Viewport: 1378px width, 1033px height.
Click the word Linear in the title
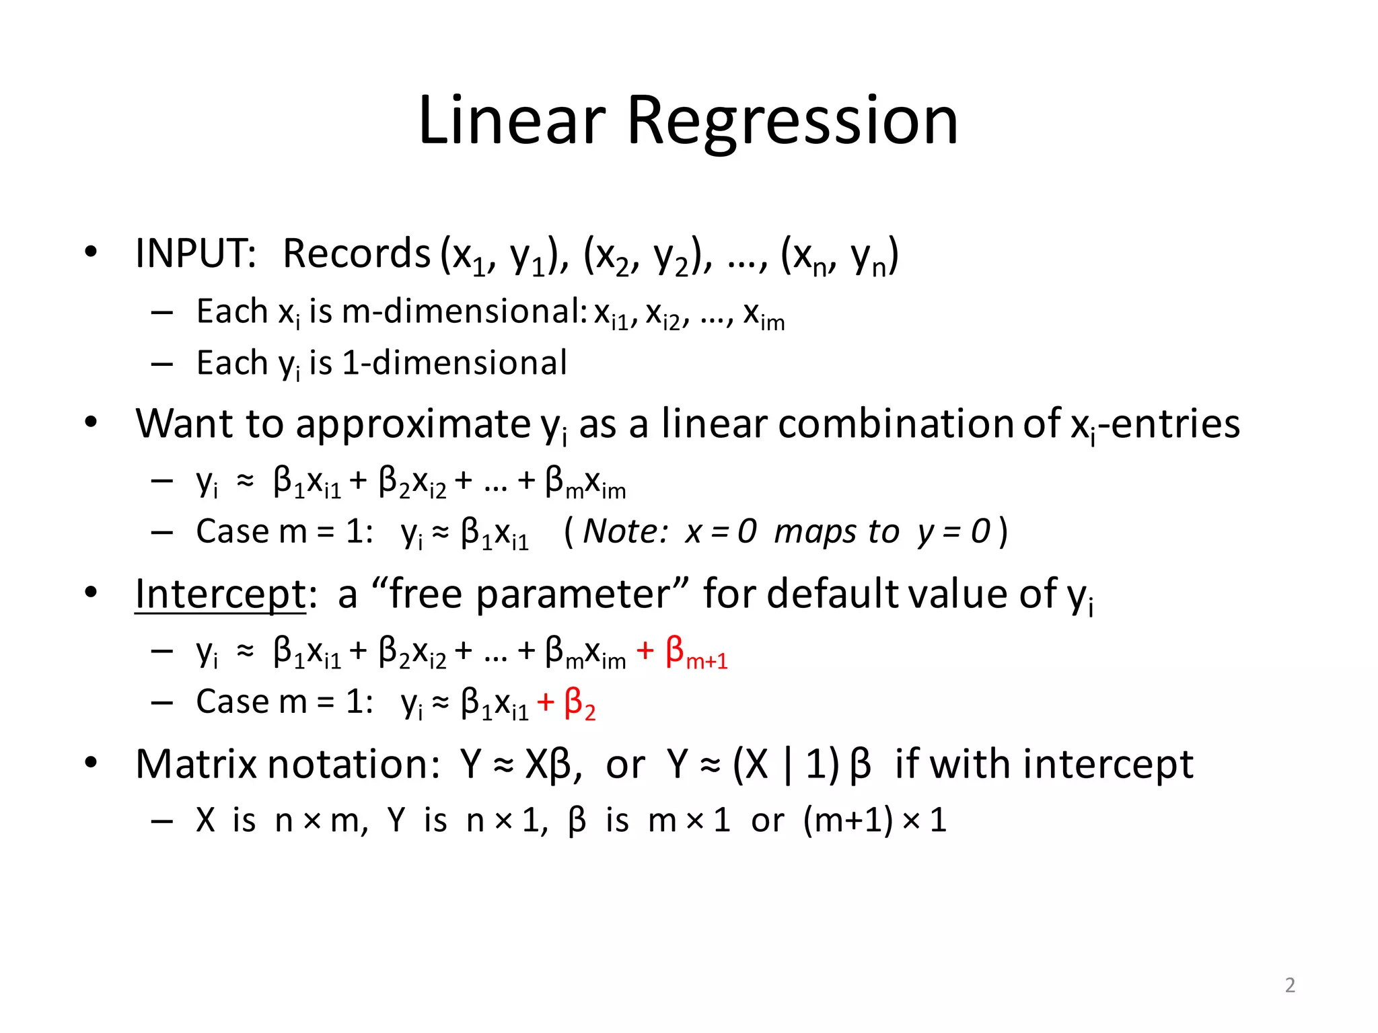511,121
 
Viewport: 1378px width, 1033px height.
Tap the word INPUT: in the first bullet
196,254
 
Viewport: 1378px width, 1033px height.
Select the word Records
356,254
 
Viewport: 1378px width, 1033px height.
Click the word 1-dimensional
455,363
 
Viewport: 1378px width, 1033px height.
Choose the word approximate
413,425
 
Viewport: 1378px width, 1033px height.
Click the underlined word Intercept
220,595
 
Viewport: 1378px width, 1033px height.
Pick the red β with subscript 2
579,704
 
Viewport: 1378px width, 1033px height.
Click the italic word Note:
625,532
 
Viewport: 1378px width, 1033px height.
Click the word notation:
354,765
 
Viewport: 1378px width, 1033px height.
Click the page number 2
1290,985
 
